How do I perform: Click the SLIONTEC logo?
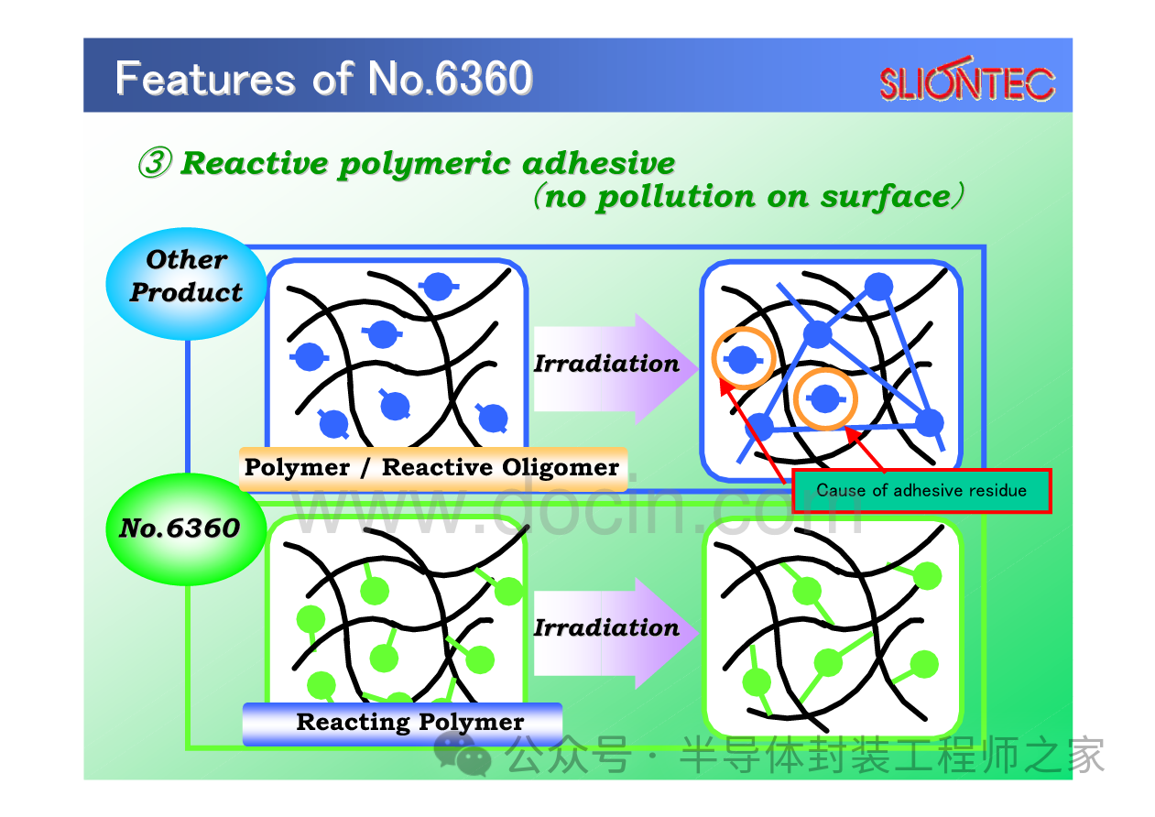[x=967, y=80]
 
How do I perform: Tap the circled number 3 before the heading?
[x=155, y=162]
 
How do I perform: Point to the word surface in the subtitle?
[x=886, y=197]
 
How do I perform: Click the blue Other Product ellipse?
[x=186, y=284]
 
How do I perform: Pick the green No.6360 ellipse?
[x=186, y=528]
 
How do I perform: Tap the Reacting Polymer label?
[x=402, y=724]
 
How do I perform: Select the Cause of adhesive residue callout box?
[x=921, y=491]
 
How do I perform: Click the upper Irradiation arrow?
[x=616, y=368]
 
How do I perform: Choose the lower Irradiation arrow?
[x=616, y=633]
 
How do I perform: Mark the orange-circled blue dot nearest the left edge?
[x=743, y=359]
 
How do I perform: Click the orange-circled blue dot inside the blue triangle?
[x=825, y=398]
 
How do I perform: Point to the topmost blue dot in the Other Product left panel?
[x=439, y=286]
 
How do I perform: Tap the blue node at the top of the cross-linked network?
[x=878, y=286]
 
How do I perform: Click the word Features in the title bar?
[x=205, y=79]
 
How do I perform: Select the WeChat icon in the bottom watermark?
[x=462, y=754]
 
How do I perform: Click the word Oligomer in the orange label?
[x=560, y=468]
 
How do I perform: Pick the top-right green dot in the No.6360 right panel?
[x=927, y=575]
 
